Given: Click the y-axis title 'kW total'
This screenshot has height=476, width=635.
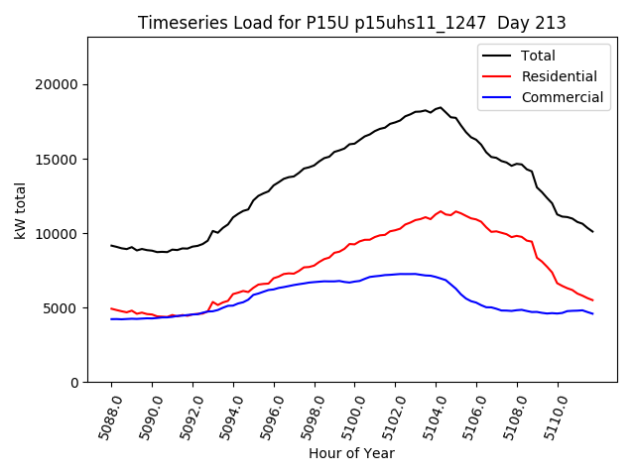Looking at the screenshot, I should coord(20,209).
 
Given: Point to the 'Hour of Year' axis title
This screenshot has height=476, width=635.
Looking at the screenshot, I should coord(351,453).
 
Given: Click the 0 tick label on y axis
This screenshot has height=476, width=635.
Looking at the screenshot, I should coord(74,382).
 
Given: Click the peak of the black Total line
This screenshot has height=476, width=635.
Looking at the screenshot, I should coord(441,107).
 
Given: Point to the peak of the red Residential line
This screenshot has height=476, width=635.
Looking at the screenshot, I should coord(441,211).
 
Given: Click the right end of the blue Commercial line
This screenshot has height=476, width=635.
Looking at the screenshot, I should coord(592,313).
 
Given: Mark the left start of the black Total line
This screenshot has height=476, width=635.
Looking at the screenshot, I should coord(111,245).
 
